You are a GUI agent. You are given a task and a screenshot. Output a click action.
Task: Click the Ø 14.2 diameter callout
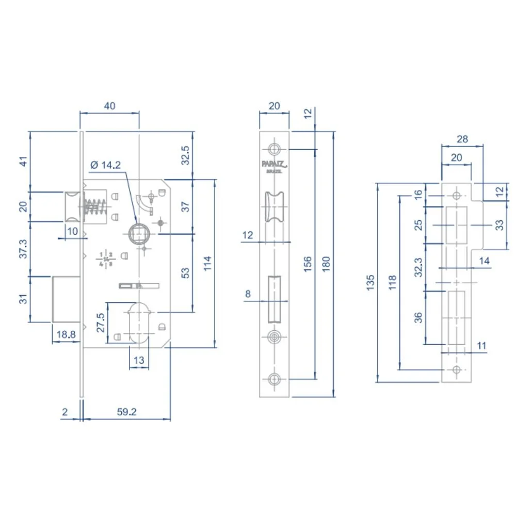tap(105, 165)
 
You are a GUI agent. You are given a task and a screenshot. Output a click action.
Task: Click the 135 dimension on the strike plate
tap(370, 283)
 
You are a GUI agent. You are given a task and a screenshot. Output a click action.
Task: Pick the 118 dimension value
tap(392, 283)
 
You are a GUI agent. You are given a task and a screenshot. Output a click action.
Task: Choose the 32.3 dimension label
tap(418, 268)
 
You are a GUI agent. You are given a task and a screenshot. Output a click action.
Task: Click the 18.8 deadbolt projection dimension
tap(66, 334)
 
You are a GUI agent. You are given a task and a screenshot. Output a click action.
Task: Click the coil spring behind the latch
tap(94, 208)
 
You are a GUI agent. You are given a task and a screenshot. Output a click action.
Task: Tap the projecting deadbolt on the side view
tap(66, 299)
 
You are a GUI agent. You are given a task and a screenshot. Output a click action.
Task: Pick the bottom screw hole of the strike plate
tap(456, 369)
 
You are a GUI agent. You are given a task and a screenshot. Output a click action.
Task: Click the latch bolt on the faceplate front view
tap(274, 206)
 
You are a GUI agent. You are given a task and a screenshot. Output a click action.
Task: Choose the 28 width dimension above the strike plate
tap(462, 138)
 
